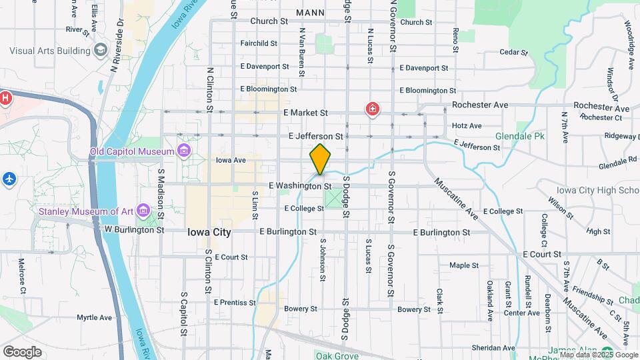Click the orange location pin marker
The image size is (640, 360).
[320, 159]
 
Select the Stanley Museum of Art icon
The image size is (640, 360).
[142, 212]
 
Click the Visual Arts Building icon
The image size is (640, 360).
[100, 50]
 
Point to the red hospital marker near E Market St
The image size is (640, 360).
[371, 109]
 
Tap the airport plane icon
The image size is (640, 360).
[8, 179]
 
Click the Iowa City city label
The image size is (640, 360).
[209, 233]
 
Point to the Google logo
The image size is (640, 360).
[22, 352]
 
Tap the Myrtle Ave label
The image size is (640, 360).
[94, 317]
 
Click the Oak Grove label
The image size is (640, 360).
[333, 356]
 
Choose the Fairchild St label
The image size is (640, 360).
[259, 43]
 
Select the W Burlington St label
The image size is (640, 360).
[134, 229]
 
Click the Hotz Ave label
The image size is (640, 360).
[467, 125]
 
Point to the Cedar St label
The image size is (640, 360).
[513, 51]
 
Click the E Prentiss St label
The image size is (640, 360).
[235, 302]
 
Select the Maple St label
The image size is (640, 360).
[464, 265]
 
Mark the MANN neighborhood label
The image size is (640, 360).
[310, 12]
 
